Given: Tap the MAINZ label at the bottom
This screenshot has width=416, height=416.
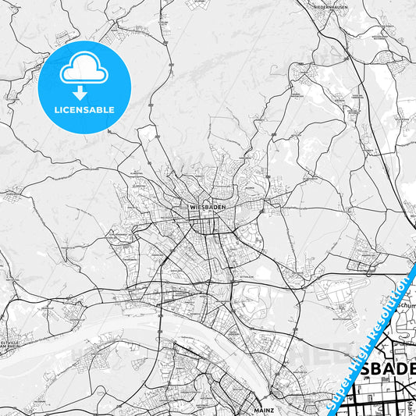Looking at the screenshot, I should [261, 408].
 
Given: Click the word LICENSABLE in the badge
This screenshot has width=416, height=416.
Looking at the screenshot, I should [84, 110].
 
